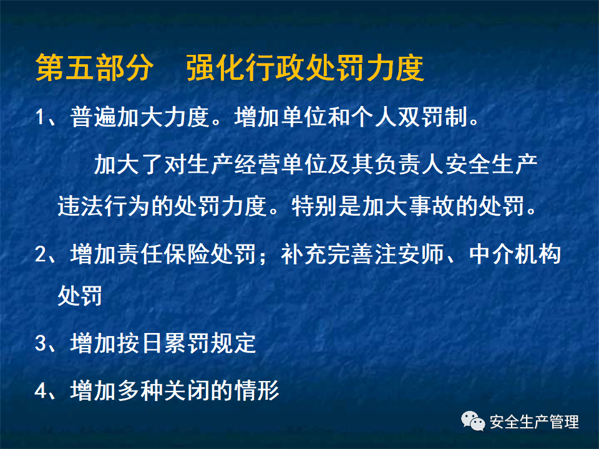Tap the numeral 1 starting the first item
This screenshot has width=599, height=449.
(x=41, y=117)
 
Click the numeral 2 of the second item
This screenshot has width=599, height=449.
(x=41, y=254)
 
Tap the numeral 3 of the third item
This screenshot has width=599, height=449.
(x=41, y=343)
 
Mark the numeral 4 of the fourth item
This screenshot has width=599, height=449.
(x=41, y=391)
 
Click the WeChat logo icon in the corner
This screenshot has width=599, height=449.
(x=473, y=422)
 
